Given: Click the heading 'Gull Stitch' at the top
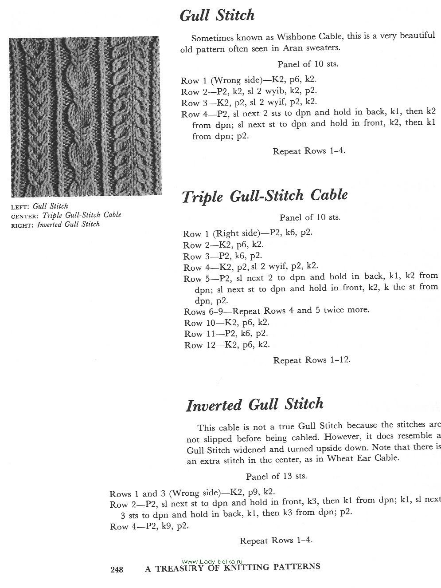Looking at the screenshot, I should pyautogui.click(x=217, y=15).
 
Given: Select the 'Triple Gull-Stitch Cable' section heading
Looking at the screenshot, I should pyautogui.click(x=265, y=196).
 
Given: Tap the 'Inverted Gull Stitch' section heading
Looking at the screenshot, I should pyautogui.click(x=254, y=404).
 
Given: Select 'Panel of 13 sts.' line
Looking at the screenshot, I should pyautogui.click(x=277, y=476).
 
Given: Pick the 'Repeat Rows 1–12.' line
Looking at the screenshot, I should pyautogui.click(x=312, y=360).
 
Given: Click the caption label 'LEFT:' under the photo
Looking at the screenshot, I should pyautogui.click(x=20, y=206).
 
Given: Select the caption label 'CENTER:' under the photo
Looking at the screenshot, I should pyautogui.click(x=24, y=216).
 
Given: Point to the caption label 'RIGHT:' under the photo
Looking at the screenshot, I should pyautogui.click(x=22, y=225).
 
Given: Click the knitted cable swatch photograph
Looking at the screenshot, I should pyautogui.click(x=85, y=116).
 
